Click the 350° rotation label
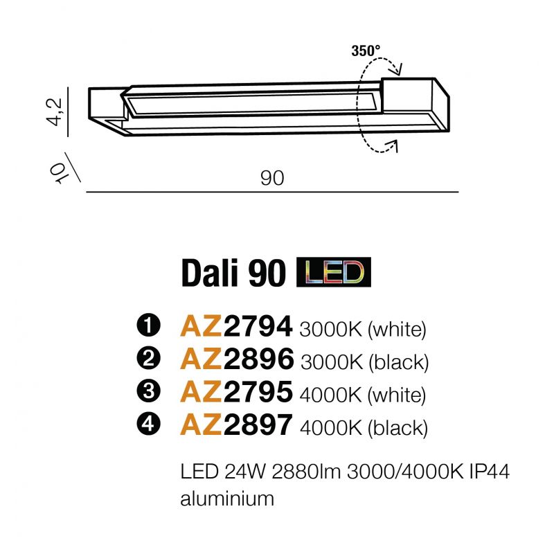(x=366, y=51)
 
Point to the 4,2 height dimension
(x=55, y=111)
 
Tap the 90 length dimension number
(x=272, y=178)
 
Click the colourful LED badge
(x=334, y=272)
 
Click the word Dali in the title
(x=211, y=273)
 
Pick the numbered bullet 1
(x=148, y=325)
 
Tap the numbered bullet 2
(x=148, y=358)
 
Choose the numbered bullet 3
(x=148, y=391)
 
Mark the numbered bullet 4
(x=148, y=424)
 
